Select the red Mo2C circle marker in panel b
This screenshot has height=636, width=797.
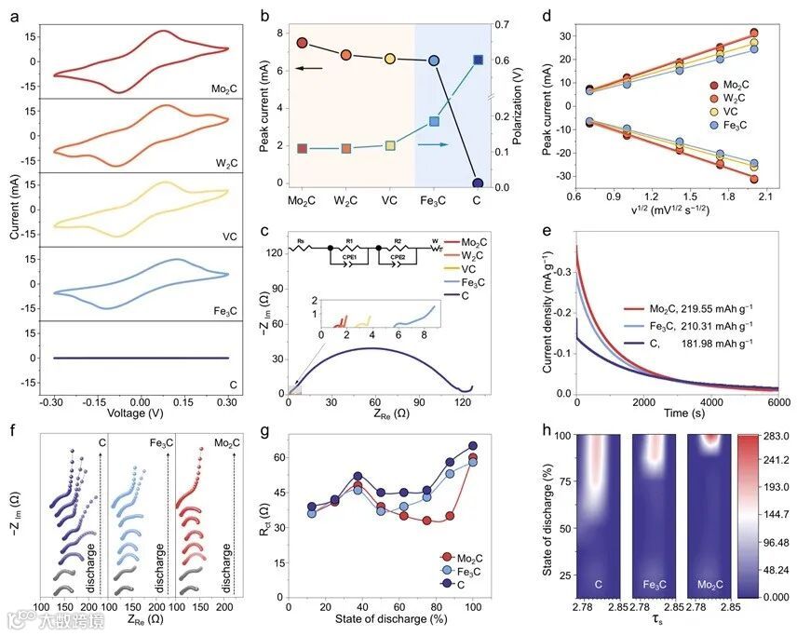click(x=302, y=43)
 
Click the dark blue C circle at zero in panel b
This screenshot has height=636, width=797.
click(x=478, y=183)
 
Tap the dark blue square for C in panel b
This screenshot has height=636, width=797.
click(x=479, y=60)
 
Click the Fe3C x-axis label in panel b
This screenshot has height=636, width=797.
click(x=433, y=200)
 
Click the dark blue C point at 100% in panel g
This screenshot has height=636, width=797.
click(x=473, y=446)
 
